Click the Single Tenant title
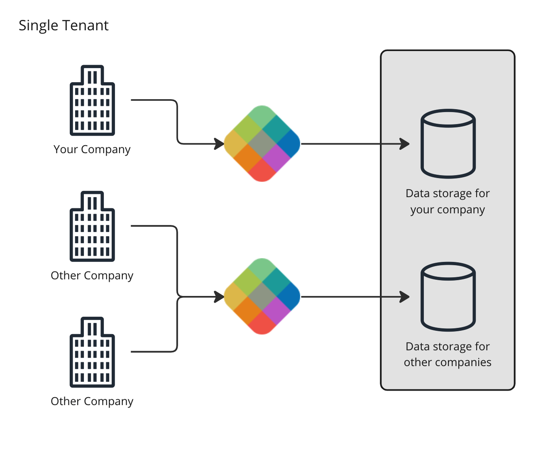[x=64, y=26]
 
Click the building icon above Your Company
[x=92, y=100]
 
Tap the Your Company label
[x=92, y=149]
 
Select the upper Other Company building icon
[x=92, y=227]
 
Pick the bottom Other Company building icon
[x=92, y=352]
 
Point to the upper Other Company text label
[x=92, y=276]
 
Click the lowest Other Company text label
[x=92, y=401]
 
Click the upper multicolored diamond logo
[x=262, y=144]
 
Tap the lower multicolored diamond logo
[x=262, y=296]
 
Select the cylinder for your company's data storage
[x=448, y=144]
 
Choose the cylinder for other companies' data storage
[x=448, y=296]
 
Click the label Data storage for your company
[x=448, y=202]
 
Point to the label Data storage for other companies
[x=448, y=354]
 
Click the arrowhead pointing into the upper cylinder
[x=404, y=144]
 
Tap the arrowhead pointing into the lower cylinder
[x=404, y=297]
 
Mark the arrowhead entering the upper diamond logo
[x=219, y=144]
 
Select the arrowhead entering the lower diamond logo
[x=219, y=297]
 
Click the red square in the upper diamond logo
[x=262, y=171]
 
